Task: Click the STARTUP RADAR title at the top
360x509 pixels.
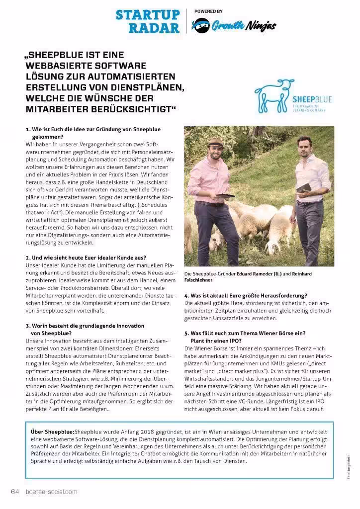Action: point(147,21)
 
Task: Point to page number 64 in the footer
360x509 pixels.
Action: point(14,492)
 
